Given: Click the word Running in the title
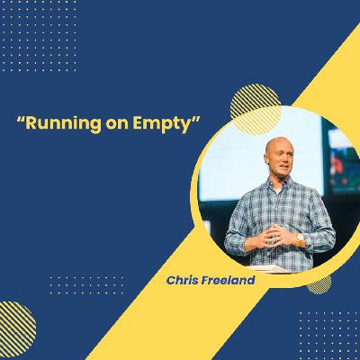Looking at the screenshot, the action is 63,123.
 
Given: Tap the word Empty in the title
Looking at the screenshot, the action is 162,123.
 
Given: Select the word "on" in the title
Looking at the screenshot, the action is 117,124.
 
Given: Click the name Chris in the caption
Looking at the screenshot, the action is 182,280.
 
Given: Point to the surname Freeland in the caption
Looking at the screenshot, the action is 228,280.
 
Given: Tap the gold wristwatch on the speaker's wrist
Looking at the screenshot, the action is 300,239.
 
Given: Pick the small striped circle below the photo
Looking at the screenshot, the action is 319,284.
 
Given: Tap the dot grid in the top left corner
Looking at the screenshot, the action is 39,36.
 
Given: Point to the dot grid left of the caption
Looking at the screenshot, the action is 86,285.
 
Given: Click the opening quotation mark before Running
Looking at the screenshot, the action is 21,119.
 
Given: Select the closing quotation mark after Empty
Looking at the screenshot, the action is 196,119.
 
